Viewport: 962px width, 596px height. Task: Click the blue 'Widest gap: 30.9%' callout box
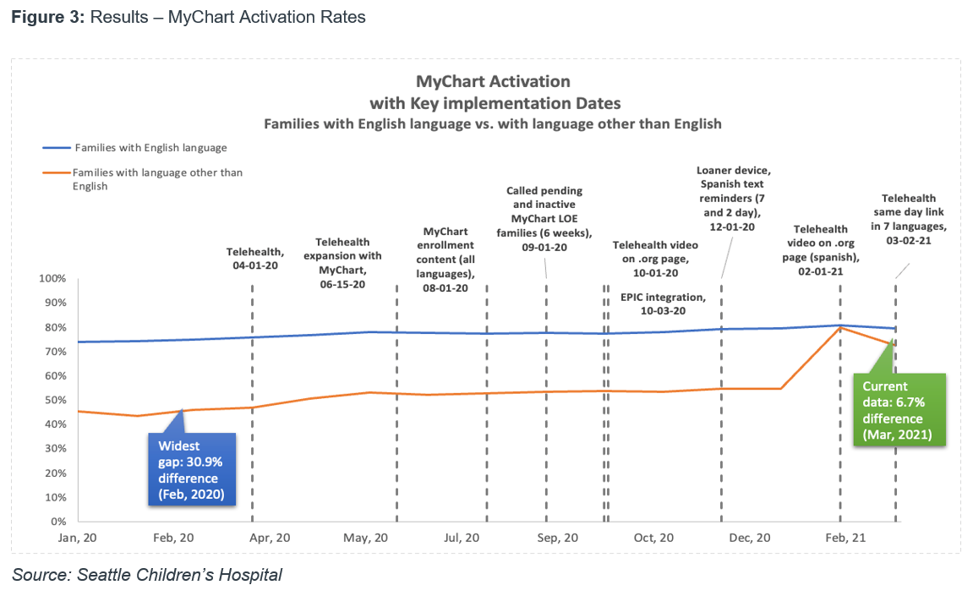(192, 470)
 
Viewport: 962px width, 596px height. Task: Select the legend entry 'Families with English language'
(150, 148)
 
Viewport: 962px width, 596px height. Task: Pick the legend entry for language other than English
(157, 179)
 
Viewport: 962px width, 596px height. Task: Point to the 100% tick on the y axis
(53, 279)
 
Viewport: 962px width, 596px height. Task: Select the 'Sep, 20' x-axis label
(559, 538)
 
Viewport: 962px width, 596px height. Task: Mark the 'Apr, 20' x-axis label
(271, 538)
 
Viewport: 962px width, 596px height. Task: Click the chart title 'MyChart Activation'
(493, 82)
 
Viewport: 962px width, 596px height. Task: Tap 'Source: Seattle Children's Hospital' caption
(146, 576)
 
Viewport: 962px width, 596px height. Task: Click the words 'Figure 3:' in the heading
(44, 17)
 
